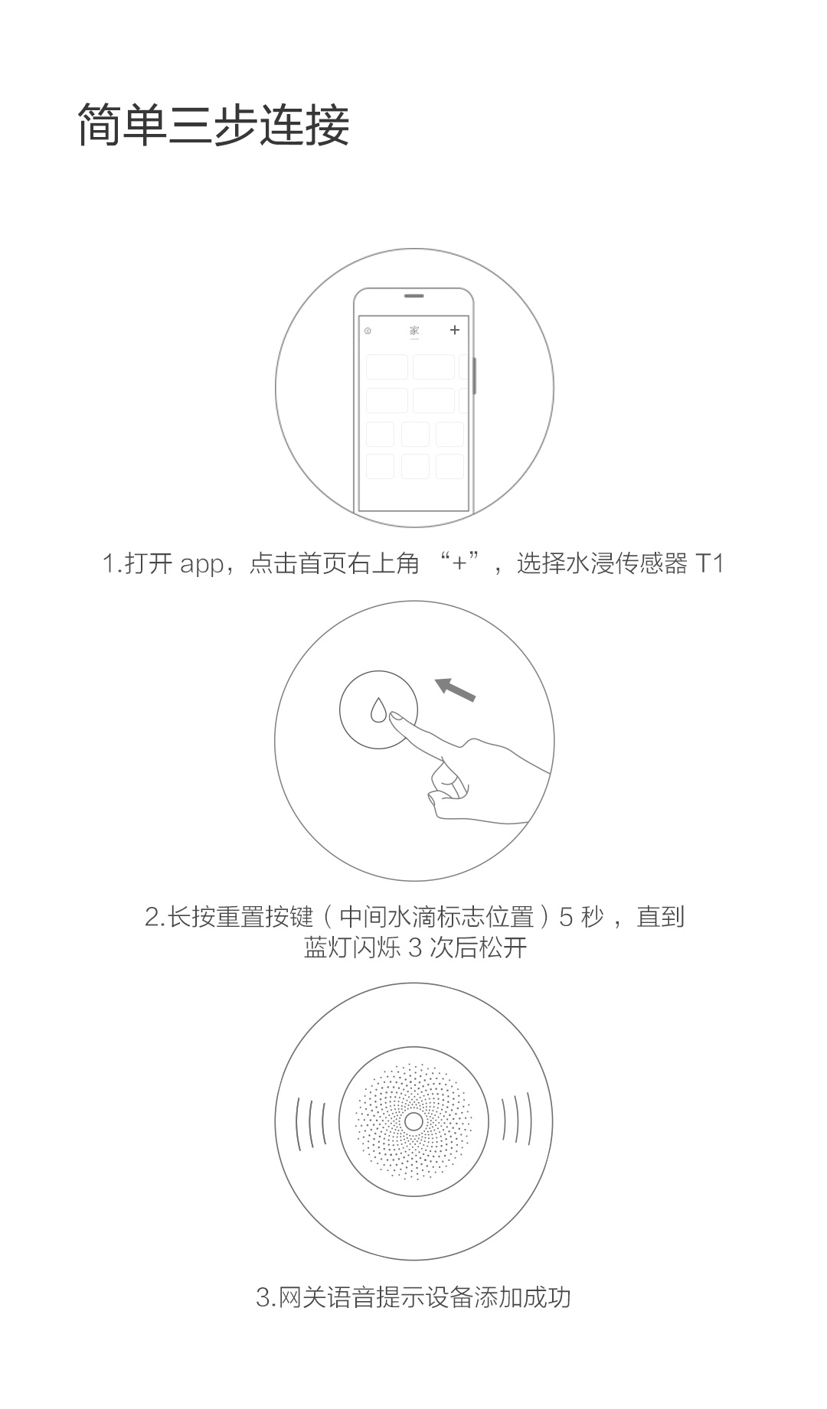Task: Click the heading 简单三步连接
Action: tap(214, 124)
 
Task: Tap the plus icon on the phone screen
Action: tap(455, 330)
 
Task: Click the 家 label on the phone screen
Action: tap(414, 331)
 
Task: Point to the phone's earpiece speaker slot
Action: tap(414, 295)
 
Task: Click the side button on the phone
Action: tap(475, 376)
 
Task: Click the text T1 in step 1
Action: tap(710, 564)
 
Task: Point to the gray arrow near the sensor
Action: tap(456, 689)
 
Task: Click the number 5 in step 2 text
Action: tap(567, 917)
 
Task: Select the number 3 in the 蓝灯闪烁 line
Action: tap(416, 948)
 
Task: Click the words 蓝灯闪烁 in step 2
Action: tap(352, 947)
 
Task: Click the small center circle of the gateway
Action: tap(413, 1122)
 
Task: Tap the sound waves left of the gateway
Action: tap(311, 1122)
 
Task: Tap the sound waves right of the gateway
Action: tap(516, 1122)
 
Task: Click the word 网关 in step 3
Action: tap(302, 1298)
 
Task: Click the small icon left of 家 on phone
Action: tap(368, 331)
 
